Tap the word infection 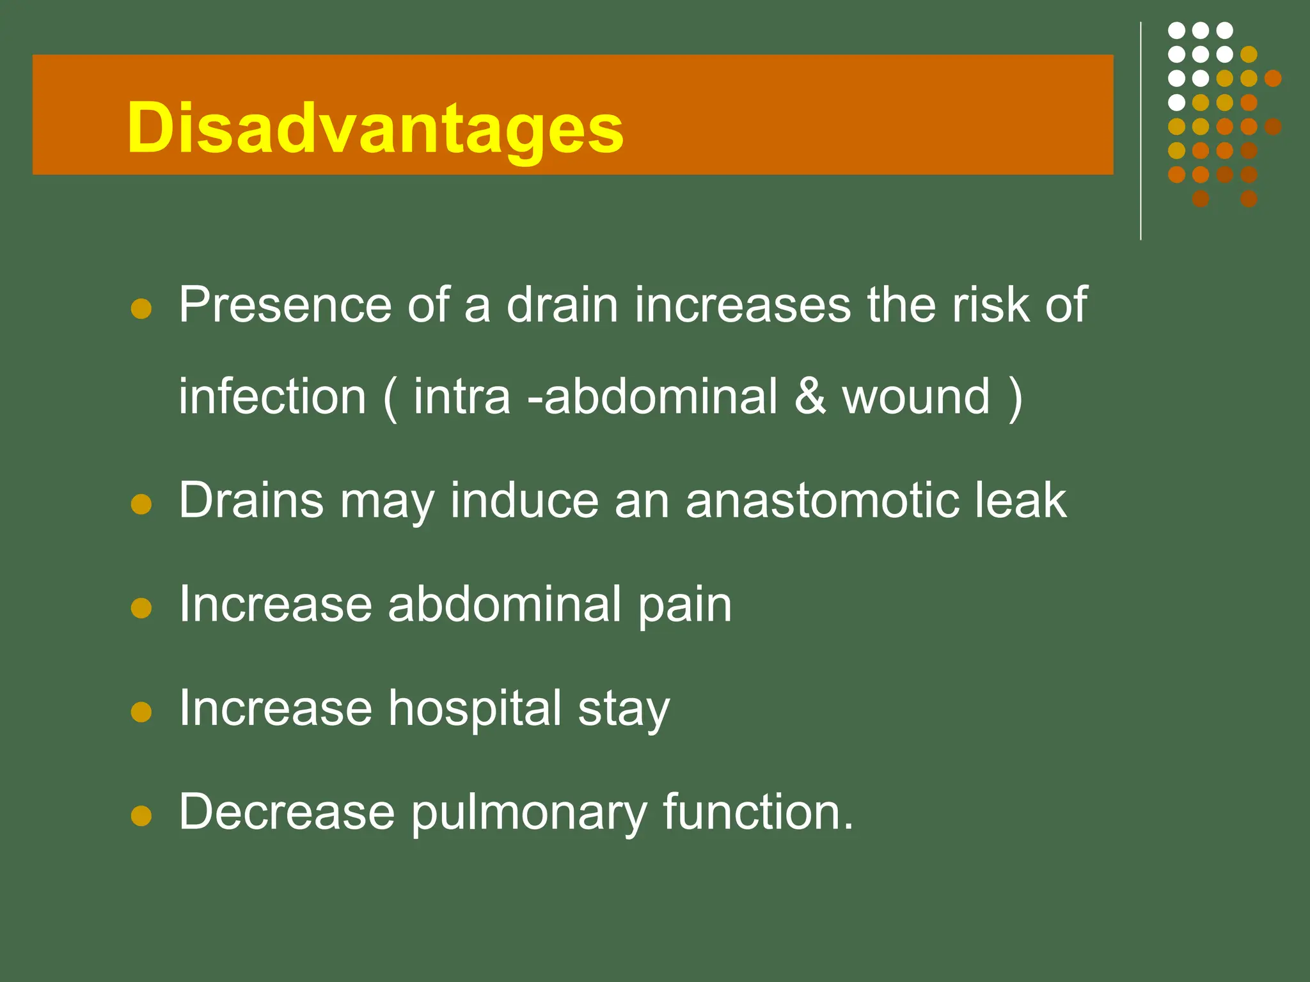pos(272,396)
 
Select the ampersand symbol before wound pos(810,396)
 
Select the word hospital pos(475,708)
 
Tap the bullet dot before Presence pos(141,309)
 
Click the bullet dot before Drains pos(141,504)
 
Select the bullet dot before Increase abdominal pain pos(141,608)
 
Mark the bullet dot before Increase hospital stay pos(141,712)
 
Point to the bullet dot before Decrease pos(141,816)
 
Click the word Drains pos(251,500)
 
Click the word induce pos(524,500)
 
